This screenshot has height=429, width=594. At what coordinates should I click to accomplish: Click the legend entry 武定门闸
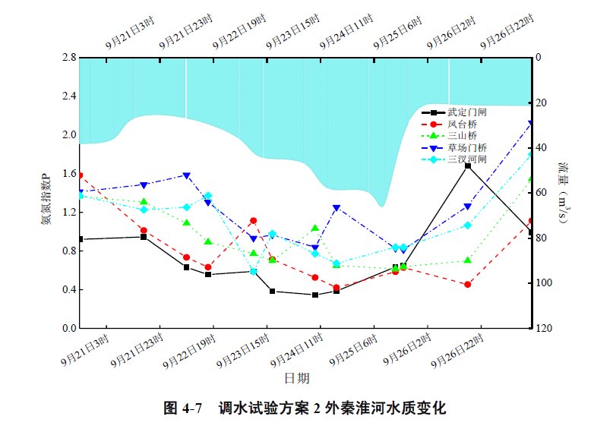(462, 112)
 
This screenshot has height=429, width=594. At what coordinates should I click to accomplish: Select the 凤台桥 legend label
(462, 124)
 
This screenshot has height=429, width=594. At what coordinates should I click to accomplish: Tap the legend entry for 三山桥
(462, 136)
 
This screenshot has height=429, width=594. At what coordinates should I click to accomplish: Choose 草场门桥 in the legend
(466, 148)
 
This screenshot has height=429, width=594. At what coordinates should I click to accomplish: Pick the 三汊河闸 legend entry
(466, 159)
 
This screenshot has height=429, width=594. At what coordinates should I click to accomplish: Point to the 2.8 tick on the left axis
(68, 58)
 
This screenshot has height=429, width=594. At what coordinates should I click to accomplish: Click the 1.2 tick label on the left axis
(68, 213)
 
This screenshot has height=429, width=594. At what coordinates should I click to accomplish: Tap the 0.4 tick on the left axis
(68, 290)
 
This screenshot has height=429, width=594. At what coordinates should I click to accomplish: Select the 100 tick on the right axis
(544, 283)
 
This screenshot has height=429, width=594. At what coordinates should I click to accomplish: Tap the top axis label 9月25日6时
(399, 33)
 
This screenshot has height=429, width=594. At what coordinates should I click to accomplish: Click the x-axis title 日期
(297, 377)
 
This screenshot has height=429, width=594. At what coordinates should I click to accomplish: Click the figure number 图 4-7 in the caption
(183, 408)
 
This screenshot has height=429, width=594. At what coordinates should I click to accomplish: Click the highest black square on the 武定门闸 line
(468, 166)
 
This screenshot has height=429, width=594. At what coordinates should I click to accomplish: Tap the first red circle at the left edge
(80, 175)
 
